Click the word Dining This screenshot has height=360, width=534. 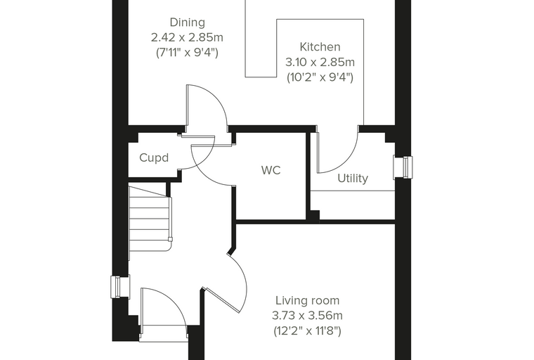coord(188,22)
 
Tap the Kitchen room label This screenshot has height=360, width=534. coord(320,46)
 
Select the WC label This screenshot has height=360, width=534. coord(271,170)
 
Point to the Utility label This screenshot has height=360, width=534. coord(353,179)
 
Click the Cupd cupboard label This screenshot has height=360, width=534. coord(154,157)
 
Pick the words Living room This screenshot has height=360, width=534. coord(307,301)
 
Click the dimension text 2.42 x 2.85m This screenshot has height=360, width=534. coord(188,37)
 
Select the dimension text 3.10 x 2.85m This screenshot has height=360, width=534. coord(320,63)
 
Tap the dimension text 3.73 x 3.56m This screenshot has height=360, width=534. coord(307,316)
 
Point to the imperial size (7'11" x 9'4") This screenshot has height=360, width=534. coord(188,53)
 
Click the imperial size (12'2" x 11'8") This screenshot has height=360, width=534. coord(307,331)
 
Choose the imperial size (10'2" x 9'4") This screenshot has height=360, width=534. coord(320,78)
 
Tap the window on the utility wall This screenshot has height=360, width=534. coord(403,167)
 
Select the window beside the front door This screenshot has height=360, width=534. coord(120,287)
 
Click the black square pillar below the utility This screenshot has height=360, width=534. coord(313,217)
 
